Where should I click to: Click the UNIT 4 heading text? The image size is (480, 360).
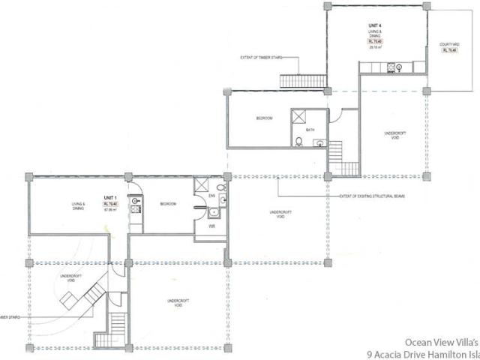point(374,26)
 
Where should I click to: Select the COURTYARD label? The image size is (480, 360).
point(448,45)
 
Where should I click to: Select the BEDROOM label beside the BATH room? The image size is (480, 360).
point(264,118)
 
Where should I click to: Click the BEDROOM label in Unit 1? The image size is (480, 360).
point(167,203)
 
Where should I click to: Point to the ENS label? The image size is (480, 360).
point(212,196)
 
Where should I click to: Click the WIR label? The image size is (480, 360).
point(212,225)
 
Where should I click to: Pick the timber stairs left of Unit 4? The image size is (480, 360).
point(303,79)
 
